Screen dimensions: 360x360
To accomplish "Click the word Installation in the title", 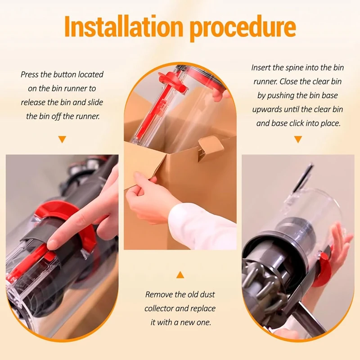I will (123, 27).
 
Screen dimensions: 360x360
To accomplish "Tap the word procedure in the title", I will (243, 27).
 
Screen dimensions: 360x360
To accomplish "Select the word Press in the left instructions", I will (29, 75).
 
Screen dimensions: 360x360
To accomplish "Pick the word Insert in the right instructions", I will (261, 68).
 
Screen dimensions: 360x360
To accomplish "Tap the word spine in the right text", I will (295, 68).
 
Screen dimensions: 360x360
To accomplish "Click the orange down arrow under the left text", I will (62, 139).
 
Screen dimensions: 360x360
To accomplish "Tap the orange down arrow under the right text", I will (298, 139).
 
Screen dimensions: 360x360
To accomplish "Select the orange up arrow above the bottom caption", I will (180, 274).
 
